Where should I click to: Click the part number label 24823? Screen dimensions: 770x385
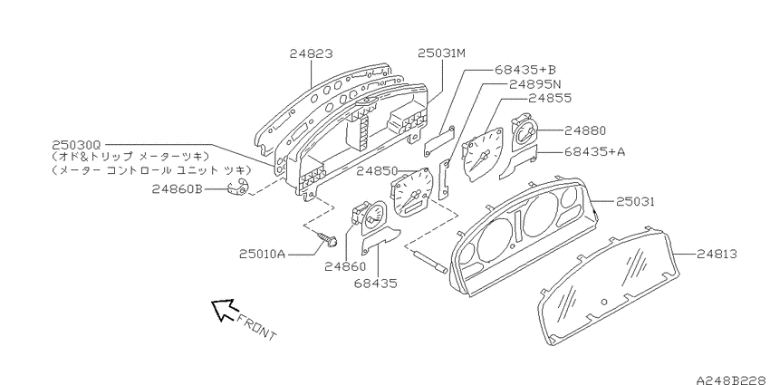pyautogui.click(x=311, y=53)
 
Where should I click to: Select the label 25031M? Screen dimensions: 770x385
pyautogui.click(x=441, y=53)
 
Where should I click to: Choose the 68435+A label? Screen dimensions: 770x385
pyautogui.click(x=594, y=152)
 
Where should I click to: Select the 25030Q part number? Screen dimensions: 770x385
pyautogui.click(x=75, y=145)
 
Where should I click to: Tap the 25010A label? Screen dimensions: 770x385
pyautogui.click(x=262, y=254)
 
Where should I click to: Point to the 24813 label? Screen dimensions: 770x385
pyautogui.click(x=717, y=254)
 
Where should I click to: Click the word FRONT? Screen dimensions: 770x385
pyautogui.click(x=256, y=327)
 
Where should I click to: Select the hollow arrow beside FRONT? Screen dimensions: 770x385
pyautogui.click(x=224, y=311)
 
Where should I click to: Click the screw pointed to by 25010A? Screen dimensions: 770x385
pyautogui.click(x=327, y=239)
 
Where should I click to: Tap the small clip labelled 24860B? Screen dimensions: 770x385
pyautogui.click(x=238, y=188)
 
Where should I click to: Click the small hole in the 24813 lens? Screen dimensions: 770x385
pyautogui.click(x=604, y=302)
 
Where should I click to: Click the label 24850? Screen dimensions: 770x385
pyautogui.click(x=377, y=171)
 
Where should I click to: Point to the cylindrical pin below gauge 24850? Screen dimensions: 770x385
pyautogui.click(x=429, y=261)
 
